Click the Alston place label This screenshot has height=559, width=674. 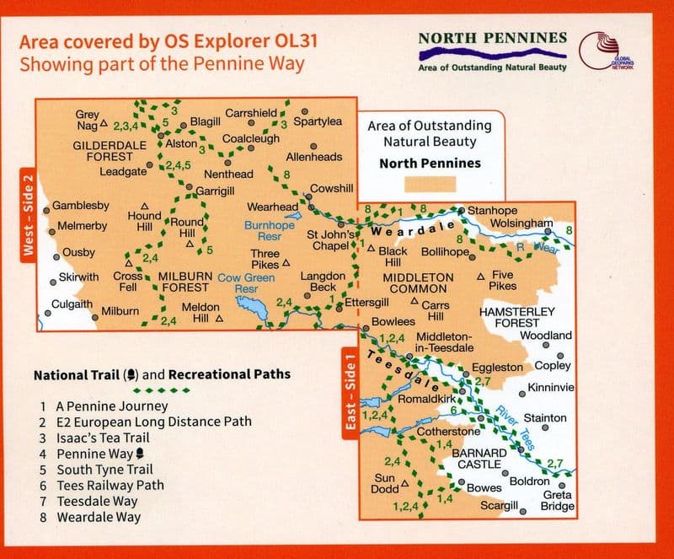(x=182, y=144)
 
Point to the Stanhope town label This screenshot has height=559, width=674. (x=494, y=210)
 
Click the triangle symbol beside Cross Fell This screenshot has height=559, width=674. (x=128, y=261)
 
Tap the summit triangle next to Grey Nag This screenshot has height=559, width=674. (x=104, y=124)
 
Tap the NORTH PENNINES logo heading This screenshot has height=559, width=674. (x=492, y=39)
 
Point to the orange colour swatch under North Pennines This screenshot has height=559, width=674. (x=429, y=185)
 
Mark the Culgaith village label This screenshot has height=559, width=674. (x=72, y=304)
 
